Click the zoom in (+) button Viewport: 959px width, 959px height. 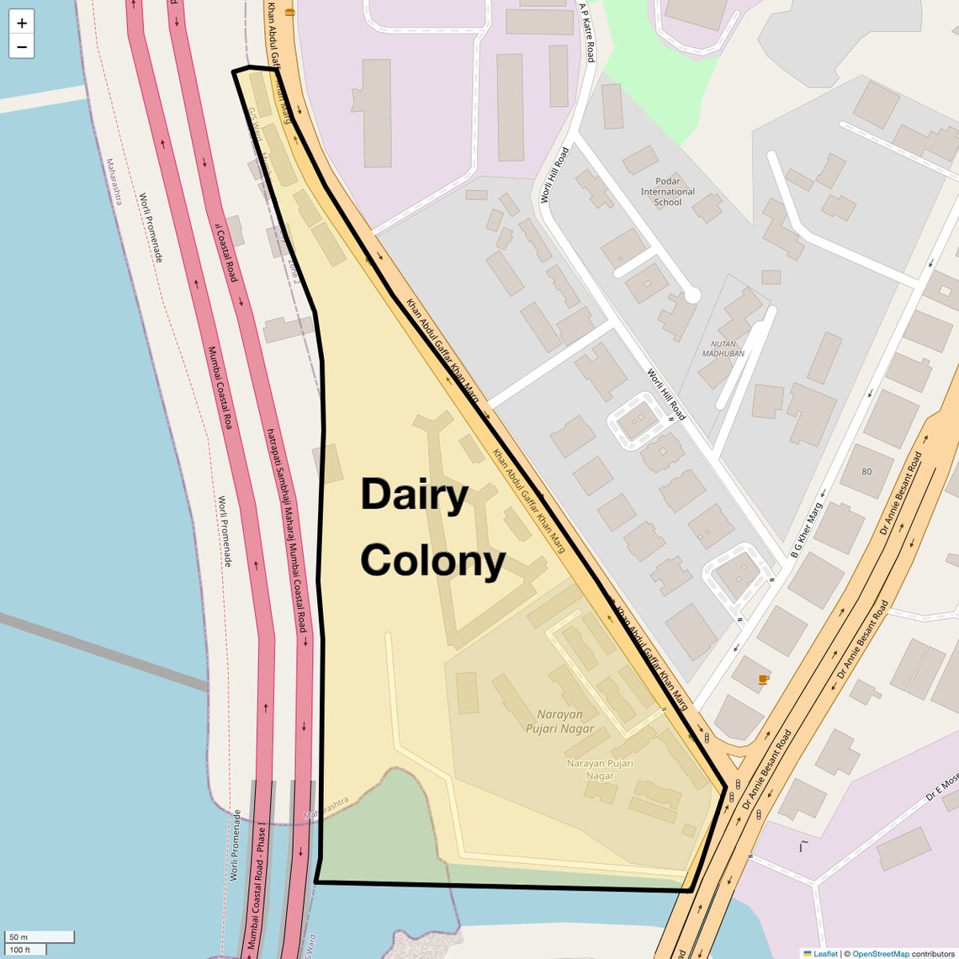click(x=22, y=24)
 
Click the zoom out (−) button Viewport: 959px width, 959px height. click(x=22, y=47)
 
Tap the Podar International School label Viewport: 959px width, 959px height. click(x=667, y=192)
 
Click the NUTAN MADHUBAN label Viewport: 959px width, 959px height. click(x=723, y=348)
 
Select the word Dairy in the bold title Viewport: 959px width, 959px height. click(x=414, y=495)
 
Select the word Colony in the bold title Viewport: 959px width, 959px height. click(x=432, y=560)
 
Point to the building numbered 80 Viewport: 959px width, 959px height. click(x=866, y=471)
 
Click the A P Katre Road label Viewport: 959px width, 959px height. click(x=586, y=31)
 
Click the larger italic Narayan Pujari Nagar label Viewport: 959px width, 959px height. click(x=559, y=722)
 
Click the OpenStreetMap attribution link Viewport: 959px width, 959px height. click(x=880, y=953)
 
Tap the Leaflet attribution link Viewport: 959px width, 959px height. click(x=824, y=953)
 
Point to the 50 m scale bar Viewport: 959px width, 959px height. click(x=40, y=937)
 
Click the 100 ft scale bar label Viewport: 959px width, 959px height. click(x=20, y=950)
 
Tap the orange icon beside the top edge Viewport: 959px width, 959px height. click(x=289, y=13)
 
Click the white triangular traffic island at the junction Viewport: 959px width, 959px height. click(x=737, y=762)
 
